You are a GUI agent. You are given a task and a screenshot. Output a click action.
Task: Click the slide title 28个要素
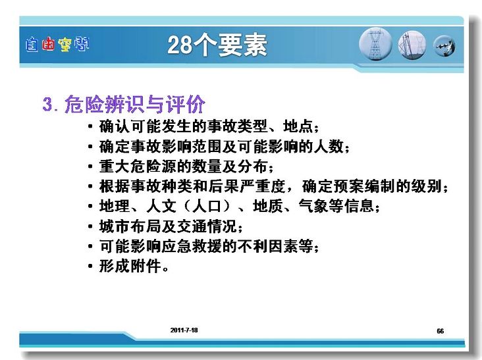coord(217,45)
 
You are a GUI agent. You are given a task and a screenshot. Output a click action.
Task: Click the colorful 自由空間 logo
coord(57,45)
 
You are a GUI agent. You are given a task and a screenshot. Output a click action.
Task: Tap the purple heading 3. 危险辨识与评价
coord(124,104)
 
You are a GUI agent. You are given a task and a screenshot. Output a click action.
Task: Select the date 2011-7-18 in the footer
coord(184,330)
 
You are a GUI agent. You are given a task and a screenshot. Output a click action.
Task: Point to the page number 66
coord(441,331)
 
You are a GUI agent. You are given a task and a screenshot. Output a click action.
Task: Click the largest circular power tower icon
coord(375,44)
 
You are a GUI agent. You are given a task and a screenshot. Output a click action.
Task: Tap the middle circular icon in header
coord(412,45)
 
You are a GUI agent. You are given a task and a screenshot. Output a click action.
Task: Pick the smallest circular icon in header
coord(444,46)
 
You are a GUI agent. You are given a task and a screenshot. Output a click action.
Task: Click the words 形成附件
coord(130,266)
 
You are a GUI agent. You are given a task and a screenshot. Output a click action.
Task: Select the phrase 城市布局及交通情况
coord(168,226)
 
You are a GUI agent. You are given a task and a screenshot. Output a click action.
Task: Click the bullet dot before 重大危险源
coord(90,167)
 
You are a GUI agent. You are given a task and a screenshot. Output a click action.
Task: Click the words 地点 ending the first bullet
coord(298,126)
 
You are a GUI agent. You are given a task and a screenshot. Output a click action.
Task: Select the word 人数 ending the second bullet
coord(329,146)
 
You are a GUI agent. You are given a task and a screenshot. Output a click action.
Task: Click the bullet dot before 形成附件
coord(90,267)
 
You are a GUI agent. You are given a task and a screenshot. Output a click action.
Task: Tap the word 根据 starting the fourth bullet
coord(115,186)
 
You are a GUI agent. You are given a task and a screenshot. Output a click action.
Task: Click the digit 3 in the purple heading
coord(47,105)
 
